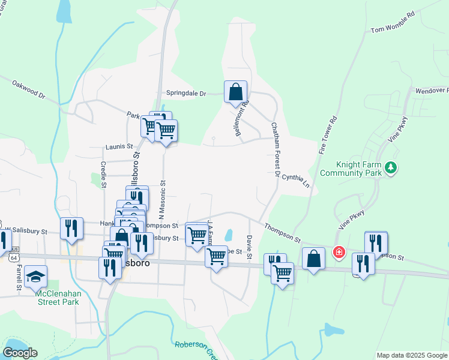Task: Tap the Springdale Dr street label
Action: click(186, 94)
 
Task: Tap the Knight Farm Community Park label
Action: click(351, 168)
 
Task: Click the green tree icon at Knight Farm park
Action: click(391, 167)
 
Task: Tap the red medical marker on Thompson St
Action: click(339, 253)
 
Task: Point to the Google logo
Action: click(20, 352)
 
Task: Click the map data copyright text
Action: click(412, 355)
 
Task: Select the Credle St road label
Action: click(103, 172)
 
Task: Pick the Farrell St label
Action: click(19, 277)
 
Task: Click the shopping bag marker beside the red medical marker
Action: click(313, 259)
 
